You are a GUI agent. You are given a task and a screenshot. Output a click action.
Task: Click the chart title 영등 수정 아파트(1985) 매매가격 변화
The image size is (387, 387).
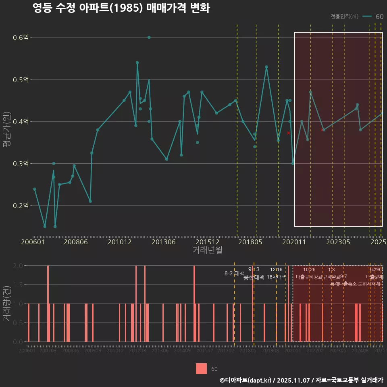(121, 8)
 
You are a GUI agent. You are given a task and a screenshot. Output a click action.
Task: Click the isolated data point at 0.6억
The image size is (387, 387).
(149, 37)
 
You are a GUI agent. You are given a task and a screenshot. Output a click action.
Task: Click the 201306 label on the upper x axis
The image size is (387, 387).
(164, 242)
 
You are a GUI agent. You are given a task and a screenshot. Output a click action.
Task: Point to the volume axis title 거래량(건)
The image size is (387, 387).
(6, 304)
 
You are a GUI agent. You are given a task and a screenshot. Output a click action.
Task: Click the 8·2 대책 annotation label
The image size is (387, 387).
(235, 273)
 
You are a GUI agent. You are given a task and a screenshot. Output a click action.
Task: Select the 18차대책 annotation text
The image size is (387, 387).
(276, 277)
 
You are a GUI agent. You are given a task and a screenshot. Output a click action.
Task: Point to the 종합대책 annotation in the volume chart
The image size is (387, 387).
(254, 277)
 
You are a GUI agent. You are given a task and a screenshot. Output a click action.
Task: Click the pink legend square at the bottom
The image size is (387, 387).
(201, 369)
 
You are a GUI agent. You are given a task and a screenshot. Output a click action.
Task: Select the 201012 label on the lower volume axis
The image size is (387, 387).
(115, 351)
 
